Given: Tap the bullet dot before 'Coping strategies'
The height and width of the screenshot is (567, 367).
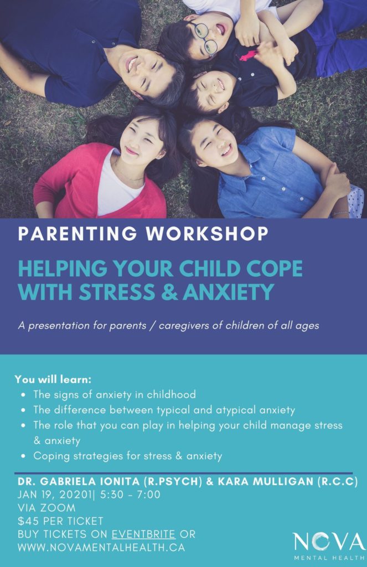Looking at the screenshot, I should coord(22,457).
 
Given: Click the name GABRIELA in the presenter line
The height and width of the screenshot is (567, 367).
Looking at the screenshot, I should coord(68,482).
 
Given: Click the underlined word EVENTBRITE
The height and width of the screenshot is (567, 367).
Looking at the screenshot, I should coord(143,534).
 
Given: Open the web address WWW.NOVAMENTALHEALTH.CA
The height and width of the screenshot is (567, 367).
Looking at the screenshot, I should coord(101,548).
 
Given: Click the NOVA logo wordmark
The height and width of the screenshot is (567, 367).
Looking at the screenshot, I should coord(329,541).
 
